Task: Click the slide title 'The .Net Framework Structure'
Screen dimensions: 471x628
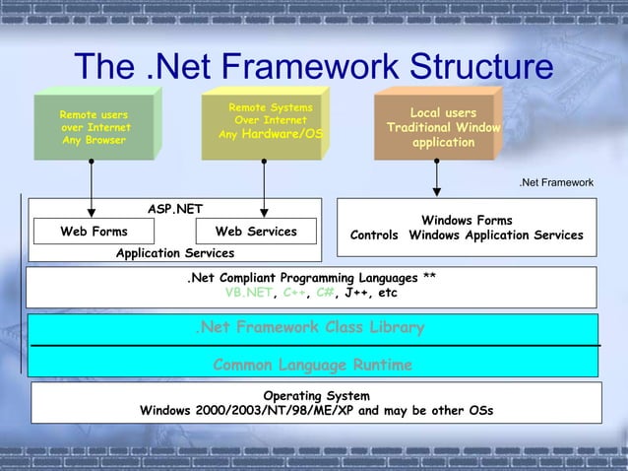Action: (313, 68)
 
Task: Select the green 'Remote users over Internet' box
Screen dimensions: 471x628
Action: (94, 127)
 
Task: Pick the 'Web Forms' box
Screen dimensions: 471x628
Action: (94, 232)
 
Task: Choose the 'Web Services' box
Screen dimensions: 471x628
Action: (255, 232)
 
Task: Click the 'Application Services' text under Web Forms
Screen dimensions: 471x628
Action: (175, 253)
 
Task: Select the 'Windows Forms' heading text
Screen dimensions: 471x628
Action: (467, 221)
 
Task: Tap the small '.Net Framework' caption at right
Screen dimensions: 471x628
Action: (556, 182)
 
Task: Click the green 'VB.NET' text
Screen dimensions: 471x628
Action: (248, 293)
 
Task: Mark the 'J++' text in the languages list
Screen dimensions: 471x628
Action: (357, 293)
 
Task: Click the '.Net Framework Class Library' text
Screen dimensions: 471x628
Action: (309, 327)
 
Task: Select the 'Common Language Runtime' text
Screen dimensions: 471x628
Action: (312, 366)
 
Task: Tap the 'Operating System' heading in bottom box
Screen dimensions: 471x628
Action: (316, 395)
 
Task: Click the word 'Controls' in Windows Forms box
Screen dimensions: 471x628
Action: (374, 235)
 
